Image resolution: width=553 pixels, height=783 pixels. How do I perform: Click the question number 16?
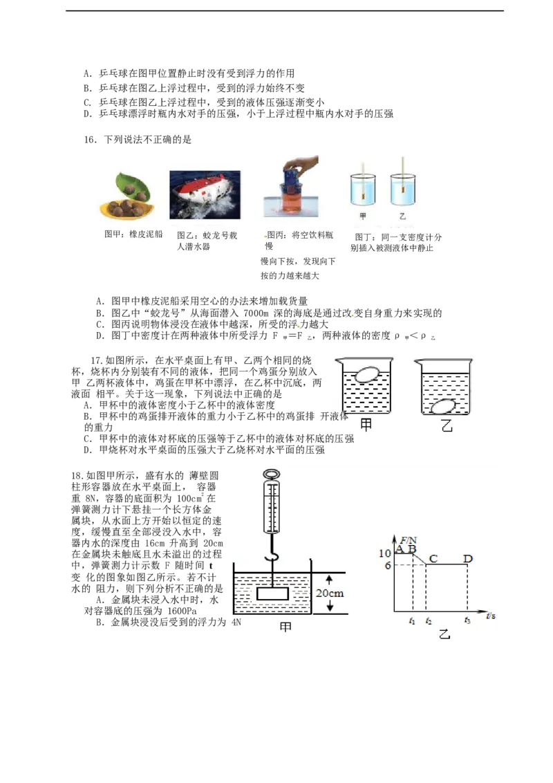pyautogui.click(x=90, y=140)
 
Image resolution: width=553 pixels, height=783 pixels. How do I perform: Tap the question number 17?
pyautogui.click(x=97, y=360)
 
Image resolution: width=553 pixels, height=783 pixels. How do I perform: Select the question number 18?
pyautogui.click(x=77, y=475)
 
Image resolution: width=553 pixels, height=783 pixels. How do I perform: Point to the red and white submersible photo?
pyautogui.click(x=205, y=194)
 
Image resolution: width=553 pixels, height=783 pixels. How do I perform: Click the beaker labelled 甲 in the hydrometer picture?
pyautogui.click(x=363, y=189)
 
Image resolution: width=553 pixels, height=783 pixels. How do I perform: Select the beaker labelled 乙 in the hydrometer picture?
pyautogui.click(x=403, y=189)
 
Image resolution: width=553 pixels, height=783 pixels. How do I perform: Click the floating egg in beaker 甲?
pyautogui.click(x=367, y=374)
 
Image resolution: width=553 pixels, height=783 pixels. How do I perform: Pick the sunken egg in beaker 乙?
pyautogui.click(x=442, y=407)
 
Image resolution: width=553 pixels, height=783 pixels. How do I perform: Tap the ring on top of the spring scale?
pyautogui.click(x=272, y=472)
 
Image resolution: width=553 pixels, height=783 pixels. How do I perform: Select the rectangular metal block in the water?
pyautogui.click(x=272, y=593)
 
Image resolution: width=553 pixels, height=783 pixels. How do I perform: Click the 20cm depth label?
pyautogui.click(x=330, y=593)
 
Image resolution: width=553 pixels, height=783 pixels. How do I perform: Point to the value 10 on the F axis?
pyautogui.click(x=384, y=553)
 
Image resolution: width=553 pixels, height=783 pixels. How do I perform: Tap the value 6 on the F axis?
pyautogui.click(x=387, y=565)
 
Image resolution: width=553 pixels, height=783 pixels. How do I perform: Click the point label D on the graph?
pyautogui.click(x=468, y=558)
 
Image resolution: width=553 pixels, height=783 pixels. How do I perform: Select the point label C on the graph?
pyautogui.click(x=433, y=558)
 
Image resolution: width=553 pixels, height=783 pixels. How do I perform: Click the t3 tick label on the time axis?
pyautogui.click(x=467, y=620)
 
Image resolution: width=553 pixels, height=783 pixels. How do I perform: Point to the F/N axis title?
pyautogui.click(x=409, y=540)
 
